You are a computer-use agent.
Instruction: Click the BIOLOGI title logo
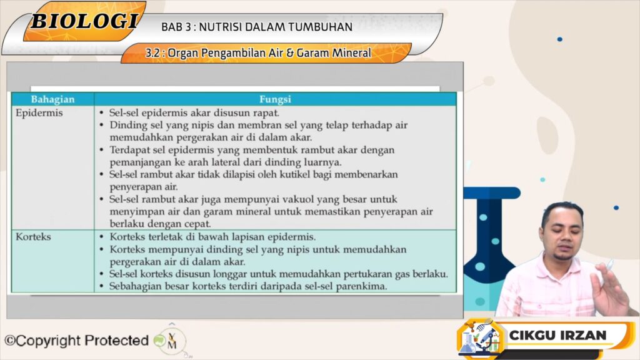pos(84,21)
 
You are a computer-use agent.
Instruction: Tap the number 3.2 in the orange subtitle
pos(152,53)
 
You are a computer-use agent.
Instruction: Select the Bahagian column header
pos(52,99)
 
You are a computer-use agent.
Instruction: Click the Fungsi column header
pos(275,99)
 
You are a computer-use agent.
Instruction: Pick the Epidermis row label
pos(39,112)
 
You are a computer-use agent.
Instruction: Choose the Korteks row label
pos(33,237)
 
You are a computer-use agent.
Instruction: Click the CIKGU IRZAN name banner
pos(557,335)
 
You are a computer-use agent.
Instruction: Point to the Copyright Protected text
pos(76,341)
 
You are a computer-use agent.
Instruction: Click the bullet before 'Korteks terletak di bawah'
pos(102,237)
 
